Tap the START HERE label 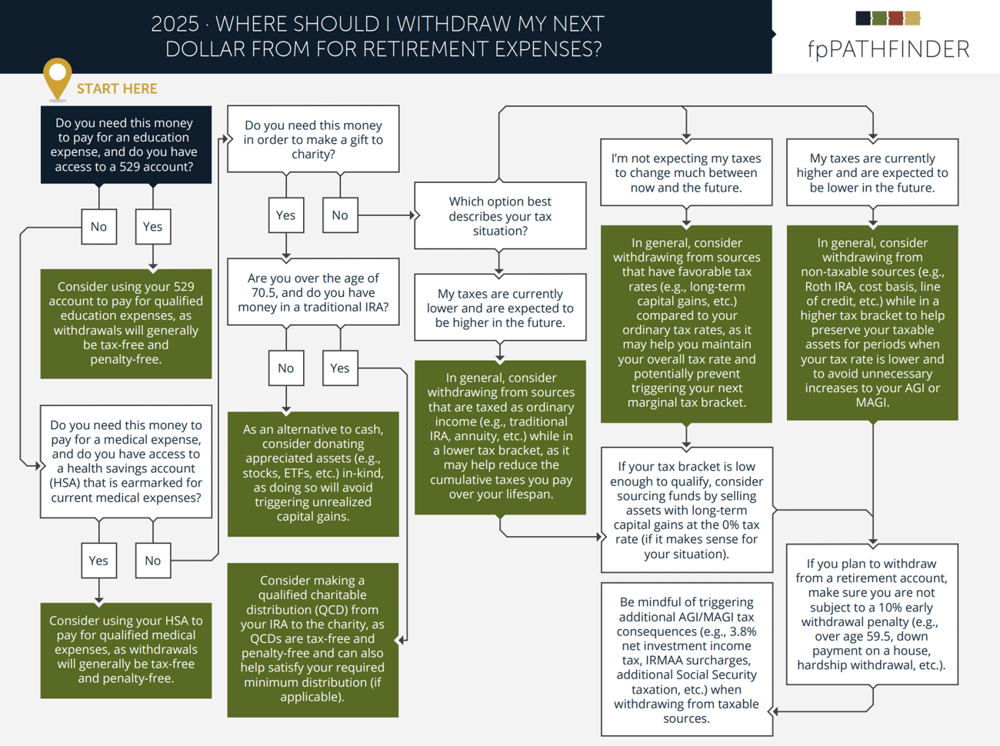117,89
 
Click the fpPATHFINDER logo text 888,49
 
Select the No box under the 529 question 98,227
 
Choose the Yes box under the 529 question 152,227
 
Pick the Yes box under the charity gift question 285,215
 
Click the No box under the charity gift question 340,215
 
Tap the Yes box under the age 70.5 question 340,368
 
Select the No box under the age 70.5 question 285,368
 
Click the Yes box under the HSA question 98,561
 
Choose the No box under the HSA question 152,561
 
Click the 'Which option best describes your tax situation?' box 500,216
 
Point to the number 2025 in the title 175,25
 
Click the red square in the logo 895,18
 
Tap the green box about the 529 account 125,323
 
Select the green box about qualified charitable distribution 312,639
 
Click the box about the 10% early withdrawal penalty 872,614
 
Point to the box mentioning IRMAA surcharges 686,660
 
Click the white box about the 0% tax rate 686,510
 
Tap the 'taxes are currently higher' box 872,173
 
